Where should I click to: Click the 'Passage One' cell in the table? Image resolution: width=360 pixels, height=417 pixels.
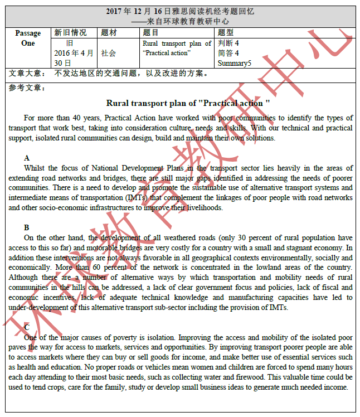[28, 38]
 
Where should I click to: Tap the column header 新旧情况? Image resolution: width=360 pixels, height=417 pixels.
[70, 33]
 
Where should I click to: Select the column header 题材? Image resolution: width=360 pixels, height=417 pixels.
[109, 33]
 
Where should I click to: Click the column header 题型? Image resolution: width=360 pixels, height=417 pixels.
[226, 33]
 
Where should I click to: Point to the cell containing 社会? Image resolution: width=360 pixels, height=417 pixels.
[109, 53]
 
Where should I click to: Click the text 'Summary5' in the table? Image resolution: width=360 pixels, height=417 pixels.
[235, 63]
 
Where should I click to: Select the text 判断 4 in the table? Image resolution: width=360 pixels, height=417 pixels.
[228, 43]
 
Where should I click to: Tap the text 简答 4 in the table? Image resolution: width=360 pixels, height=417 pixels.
[228, 53]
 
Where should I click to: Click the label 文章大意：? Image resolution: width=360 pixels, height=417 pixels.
[28, 74]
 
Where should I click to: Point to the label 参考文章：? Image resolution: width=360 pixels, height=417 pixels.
[28, 88]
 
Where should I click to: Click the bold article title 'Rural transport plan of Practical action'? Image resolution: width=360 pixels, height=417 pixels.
[188, 103]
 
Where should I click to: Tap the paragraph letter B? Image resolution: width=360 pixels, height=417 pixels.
[27, 227]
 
